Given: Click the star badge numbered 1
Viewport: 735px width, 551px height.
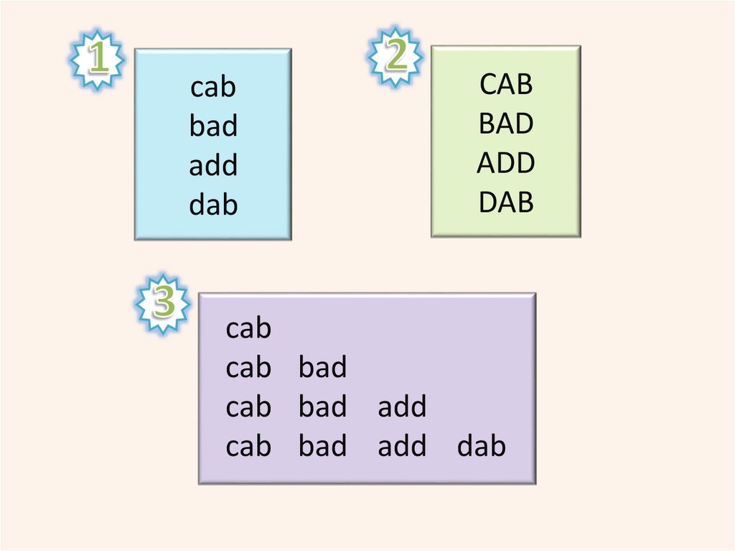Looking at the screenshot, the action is pos(98,59).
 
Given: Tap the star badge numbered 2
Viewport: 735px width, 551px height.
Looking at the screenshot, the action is pos(395,56).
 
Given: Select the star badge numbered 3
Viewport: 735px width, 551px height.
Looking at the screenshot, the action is pos(163,302).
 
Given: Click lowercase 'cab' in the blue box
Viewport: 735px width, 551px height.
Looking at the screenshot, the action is pos(213,88).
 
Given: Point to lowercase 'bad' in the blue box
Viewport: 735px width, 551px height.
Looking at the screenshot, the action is pos(213,126).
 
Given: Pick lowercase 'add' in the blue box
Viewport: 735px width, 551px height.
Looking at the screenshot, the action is pos(213,166).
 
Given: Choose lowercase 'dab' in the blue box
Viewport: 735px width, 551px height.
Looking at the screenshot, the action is pos(213,205).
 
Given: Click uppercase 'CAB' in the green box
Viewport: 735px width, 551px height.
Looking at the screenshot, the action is pos(506,85).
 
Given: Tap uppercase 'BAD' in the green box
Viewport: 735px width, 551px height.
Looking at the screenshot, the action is pos(506,124).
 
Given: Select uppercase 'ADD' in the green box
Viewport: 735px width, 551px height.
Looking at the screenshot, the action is pos(506,163).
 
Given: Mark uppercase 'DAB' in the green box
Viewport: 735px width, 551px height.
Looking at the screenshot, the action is pos(506,203).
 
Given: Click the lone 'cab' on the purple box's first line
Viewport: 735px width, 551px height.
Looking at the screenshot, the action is pos(248,329).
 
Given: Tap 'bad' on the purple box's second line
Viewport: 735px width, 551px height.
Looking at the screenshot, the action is pos(323,368).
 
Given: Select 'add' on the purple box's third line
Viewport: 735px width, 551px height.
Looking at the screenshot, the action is pos(402,407).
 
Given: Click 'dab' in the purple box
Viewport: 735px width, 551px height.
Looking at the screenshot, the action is pos(481,447).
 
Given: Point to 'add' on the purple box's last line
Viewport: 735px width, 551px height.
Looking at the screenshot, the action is pos(402,447).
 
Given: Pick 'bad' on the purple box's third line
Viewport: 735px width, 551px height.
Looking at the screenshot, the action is pos(323,407).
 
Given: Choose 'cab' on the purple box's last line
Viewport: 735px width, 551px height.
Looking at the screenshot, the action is pos(248,447).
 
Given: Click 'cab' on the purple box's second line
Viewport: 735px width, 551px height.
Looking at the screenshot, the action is pos(248,368).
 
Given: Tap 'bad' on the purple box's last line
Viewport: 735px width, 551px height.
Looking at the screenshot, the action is pos(323,447).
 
